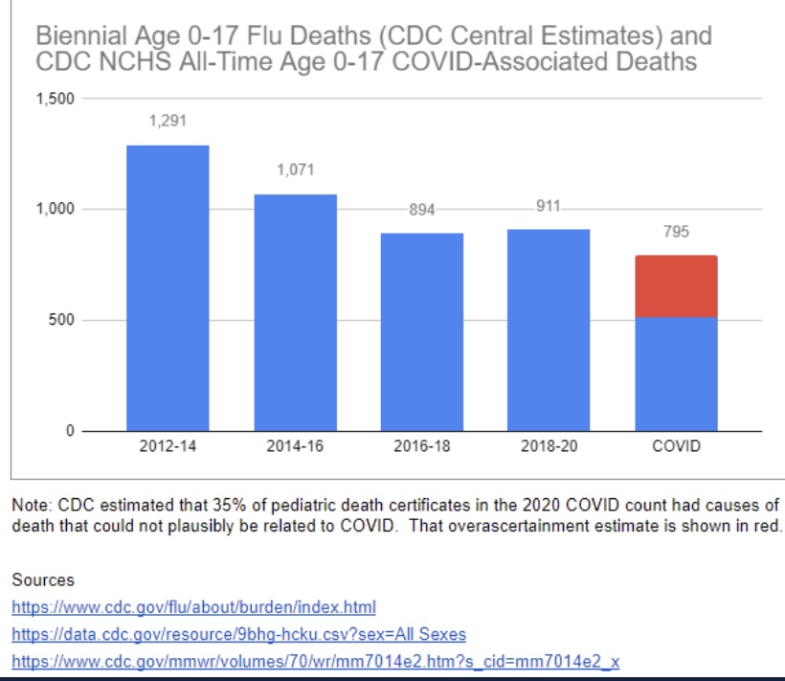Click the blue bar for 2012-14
[168, 287]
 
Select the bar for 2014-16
[295, 312]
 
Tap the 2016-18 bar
[422, 331]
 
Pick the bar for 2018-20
[549, 329]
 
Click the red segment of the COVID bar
[676, 286]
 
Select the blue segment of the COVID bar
[676, 374]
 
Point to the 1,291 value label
[168, 122]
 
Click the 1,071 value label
[295, 170]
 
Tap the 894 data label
[422, 210]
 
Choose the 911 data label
[549, 206]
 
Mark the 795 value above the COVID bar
[676, 232]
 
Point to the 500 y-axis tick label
[62, 320]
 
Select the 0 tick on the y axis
[69, 431]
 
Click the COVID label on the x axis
[676, 447]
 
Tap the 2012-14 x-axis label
[168, 447]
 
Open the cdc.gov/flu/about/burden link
[194, 607]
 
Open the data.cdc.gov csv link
[239, 635]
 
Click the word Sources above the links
[43, 579]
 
